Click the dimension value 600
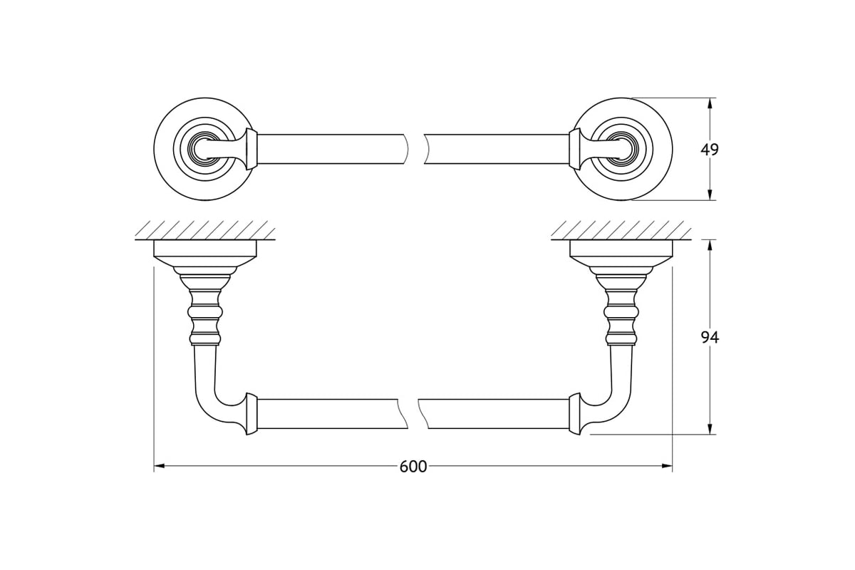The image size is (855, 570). pos(413,467)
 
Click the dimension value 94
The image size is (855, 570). pos(710,338)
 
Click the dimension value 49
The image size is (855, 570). pos(710,150)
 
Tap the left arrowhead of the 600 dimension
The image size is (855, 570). pos(159,466)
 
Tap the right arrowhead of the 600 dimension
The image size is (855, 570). pos(667,466)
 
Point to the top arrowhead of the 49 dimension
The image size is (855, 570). pos(710,103)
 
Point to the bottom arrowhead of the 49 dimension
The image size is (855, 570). pos(710,195)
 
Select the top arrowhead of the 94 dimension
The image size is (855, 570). pos(710,246)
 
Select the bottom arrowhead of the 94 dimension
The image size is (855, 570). pos(710,429)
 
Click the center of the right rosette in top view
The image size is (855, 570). pos(621,150)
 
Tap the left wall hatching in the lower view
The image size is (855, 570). pos(205,230)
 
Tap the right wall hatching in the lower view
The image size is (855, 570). pos(621,230)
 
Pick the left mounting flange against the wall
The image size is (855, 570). pos(205,253)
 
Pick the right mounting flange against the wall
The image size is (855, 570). pos(621,253)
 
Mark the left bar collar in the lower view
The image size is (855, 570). pos(252,413)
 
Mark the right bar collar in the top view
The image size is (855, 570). pos(574,150)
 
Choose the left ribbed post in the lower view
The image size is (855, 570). pos(205,317)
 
